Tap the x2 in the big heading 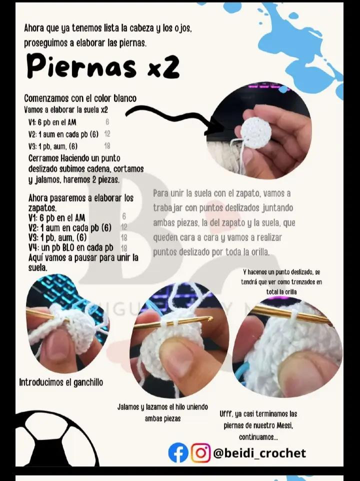163,68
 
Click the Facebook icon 178,453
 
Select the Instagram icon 201,453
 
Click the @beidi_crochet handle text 259,453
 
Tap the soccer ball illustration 55,440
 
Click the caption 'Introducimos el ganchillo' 61,382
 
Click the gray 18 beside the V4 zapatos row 124,248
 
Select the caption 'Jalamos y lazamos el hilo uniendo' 162,407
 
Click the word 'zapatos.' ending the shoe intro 42,207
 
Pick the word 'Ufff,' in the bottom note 228,414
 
